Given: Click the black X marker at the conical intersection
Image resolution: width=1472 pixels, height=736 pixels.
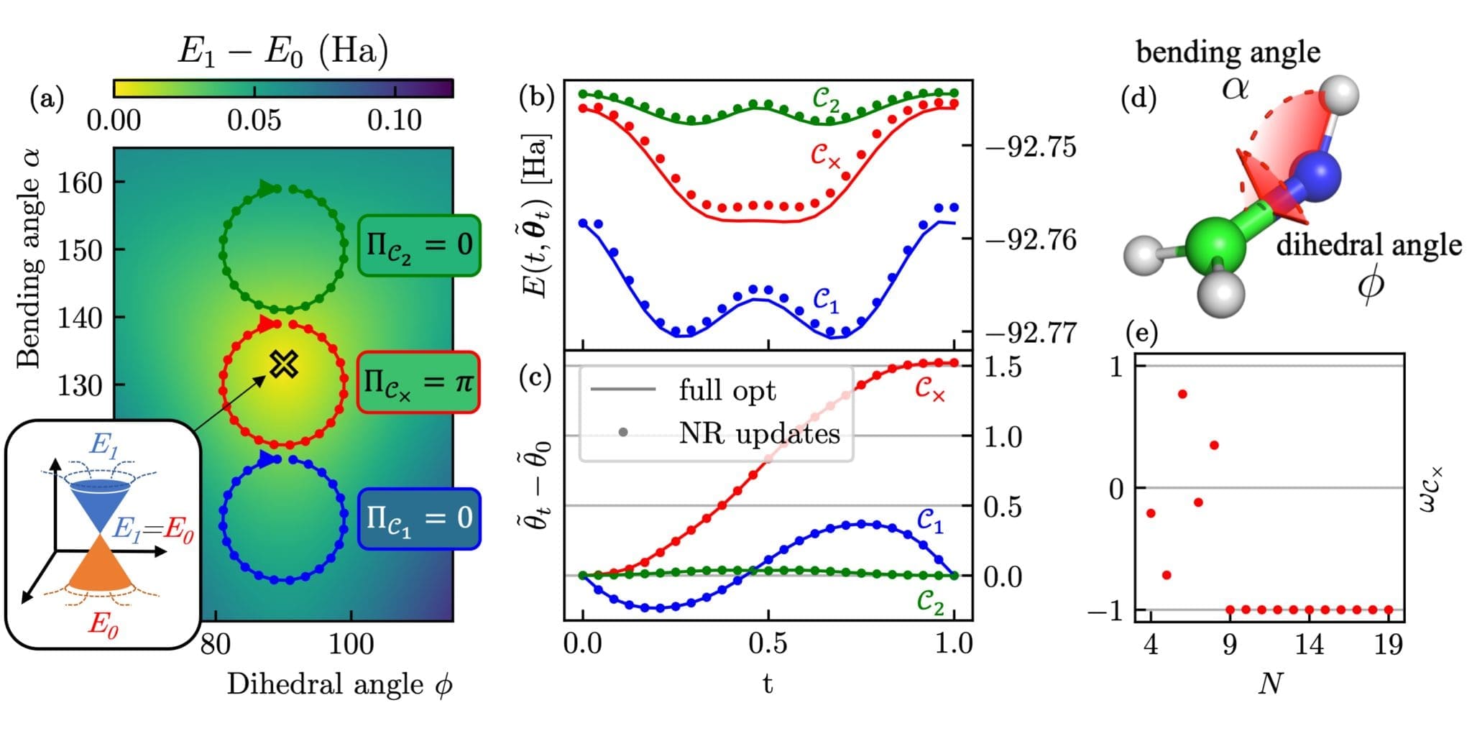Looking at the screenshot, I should pos(284,364).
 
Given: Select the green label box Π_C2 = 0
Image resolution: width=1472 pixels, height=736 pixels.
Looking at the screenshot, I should pos(419,245).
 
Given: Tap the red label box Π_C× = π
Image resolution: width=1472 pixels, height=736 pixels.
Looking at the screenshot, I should pos(418,382).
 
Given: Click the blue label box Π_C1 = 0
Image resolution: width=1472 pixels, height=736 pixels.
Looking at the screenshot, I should pos(419,518).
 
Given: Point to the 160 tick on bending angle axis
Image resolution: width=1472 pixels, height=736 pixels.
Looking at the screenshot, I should pos(80,183).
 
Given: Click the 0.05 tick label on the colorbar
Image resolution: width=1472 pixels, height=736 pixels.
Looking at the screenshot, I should pos(254,120).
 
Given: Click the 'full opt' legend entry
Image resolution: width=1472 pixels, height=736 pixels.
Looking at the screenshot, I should pos(726,390).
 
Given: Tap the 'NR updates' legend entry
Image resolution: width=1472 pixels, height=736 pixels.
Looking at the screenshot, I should pos(758,433).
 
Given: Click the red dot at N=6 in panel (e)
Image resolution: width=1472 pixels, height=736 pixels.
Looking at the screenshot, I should pos(1182,394).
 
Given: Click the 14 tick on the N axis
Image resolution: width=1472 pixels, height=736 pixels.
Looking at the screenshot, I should pos(1309,645).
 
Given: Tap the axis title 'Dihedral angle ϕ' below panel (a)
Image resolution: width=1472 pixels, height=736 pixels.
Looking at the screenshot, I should pos(339,684).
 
